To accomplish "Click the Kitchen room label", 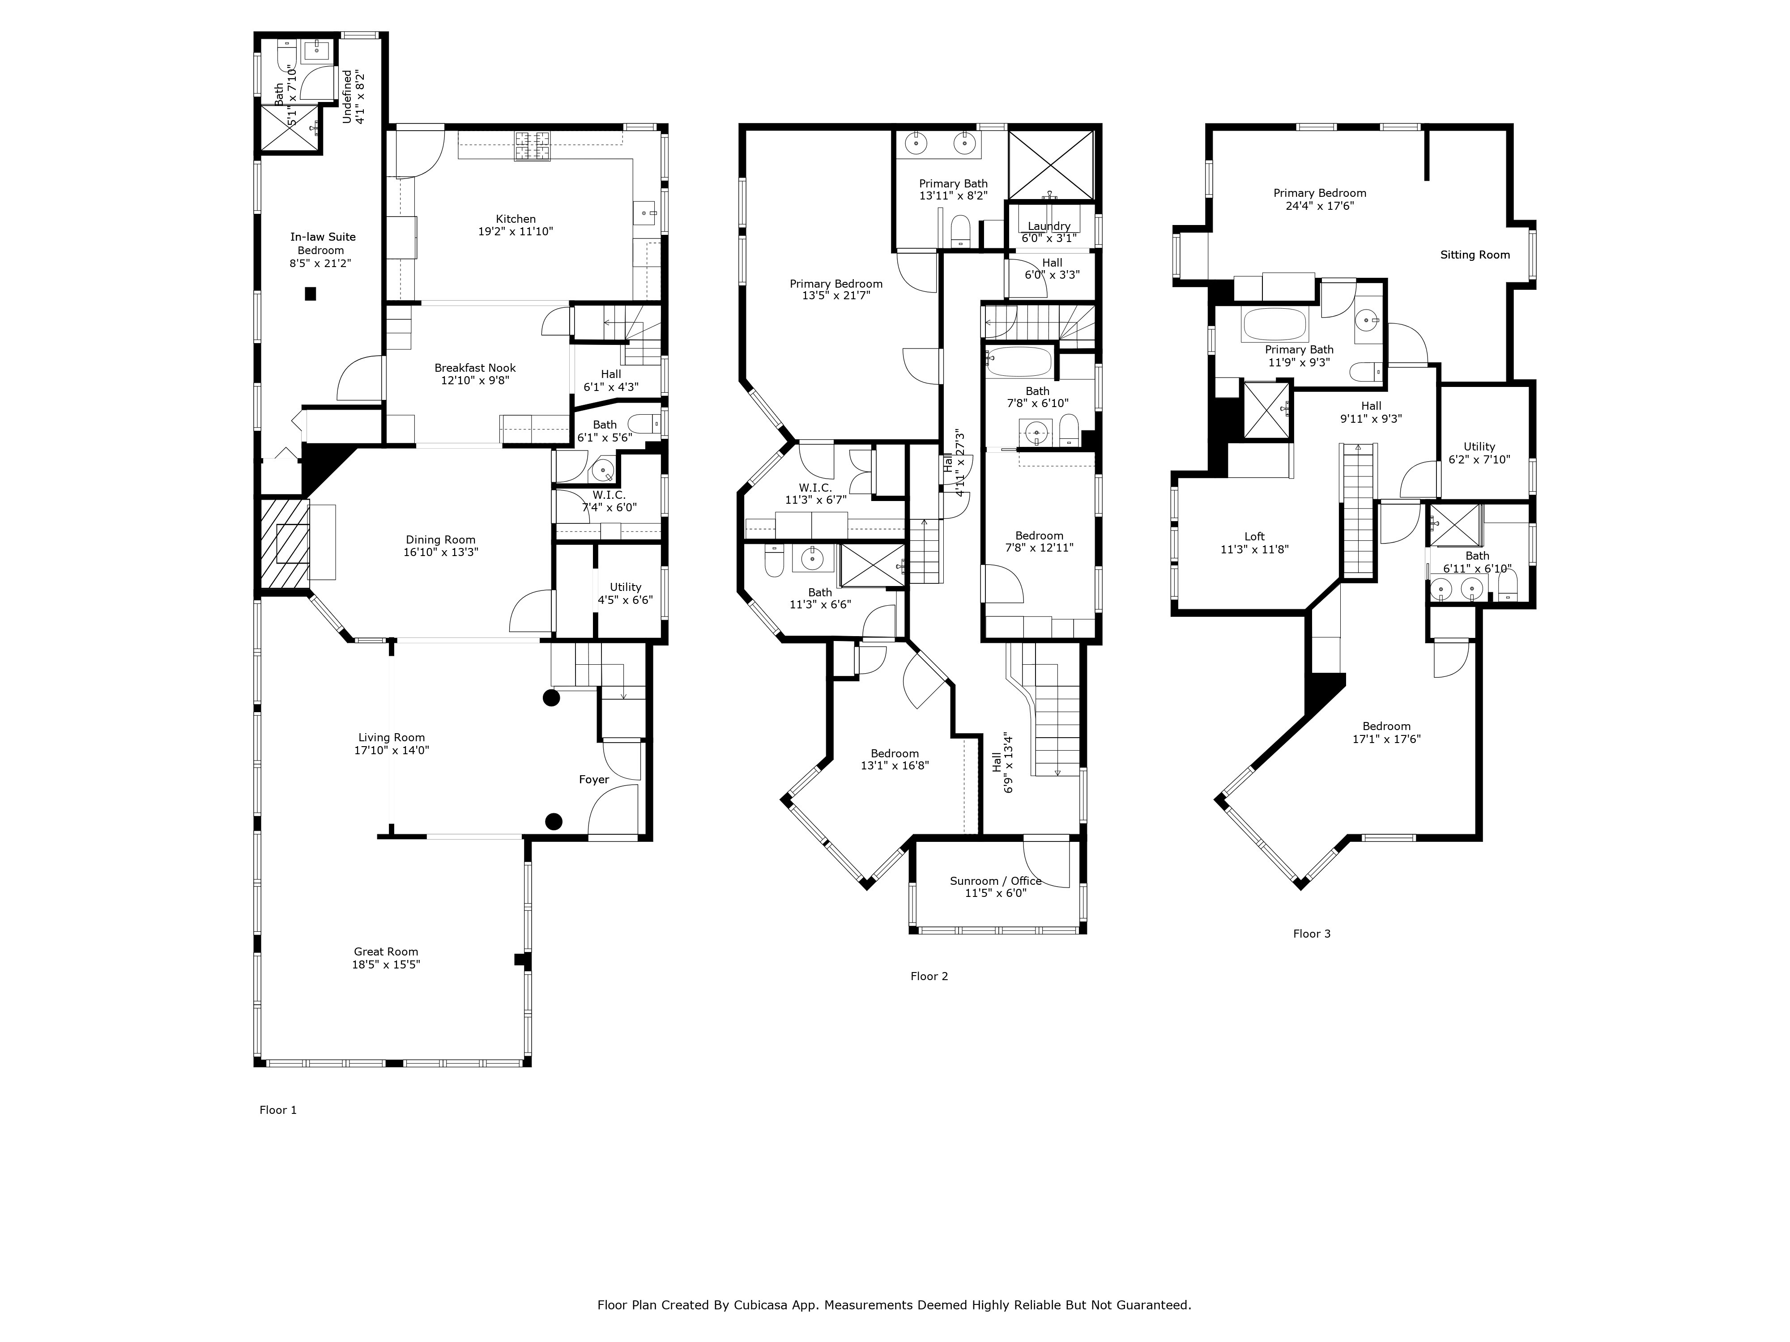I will point(516,218).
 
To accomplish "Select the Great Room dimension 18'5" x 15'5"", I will point(386,965).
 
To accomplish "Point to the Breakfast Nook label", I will point(475,367).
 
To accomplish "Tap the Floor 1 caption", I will point(277,1110).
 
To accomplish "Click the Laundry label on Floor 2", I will point(1049,226).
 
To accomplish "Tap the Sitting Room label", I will point(1475,255).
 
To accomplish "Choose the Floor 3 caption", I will point(1311,934).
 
